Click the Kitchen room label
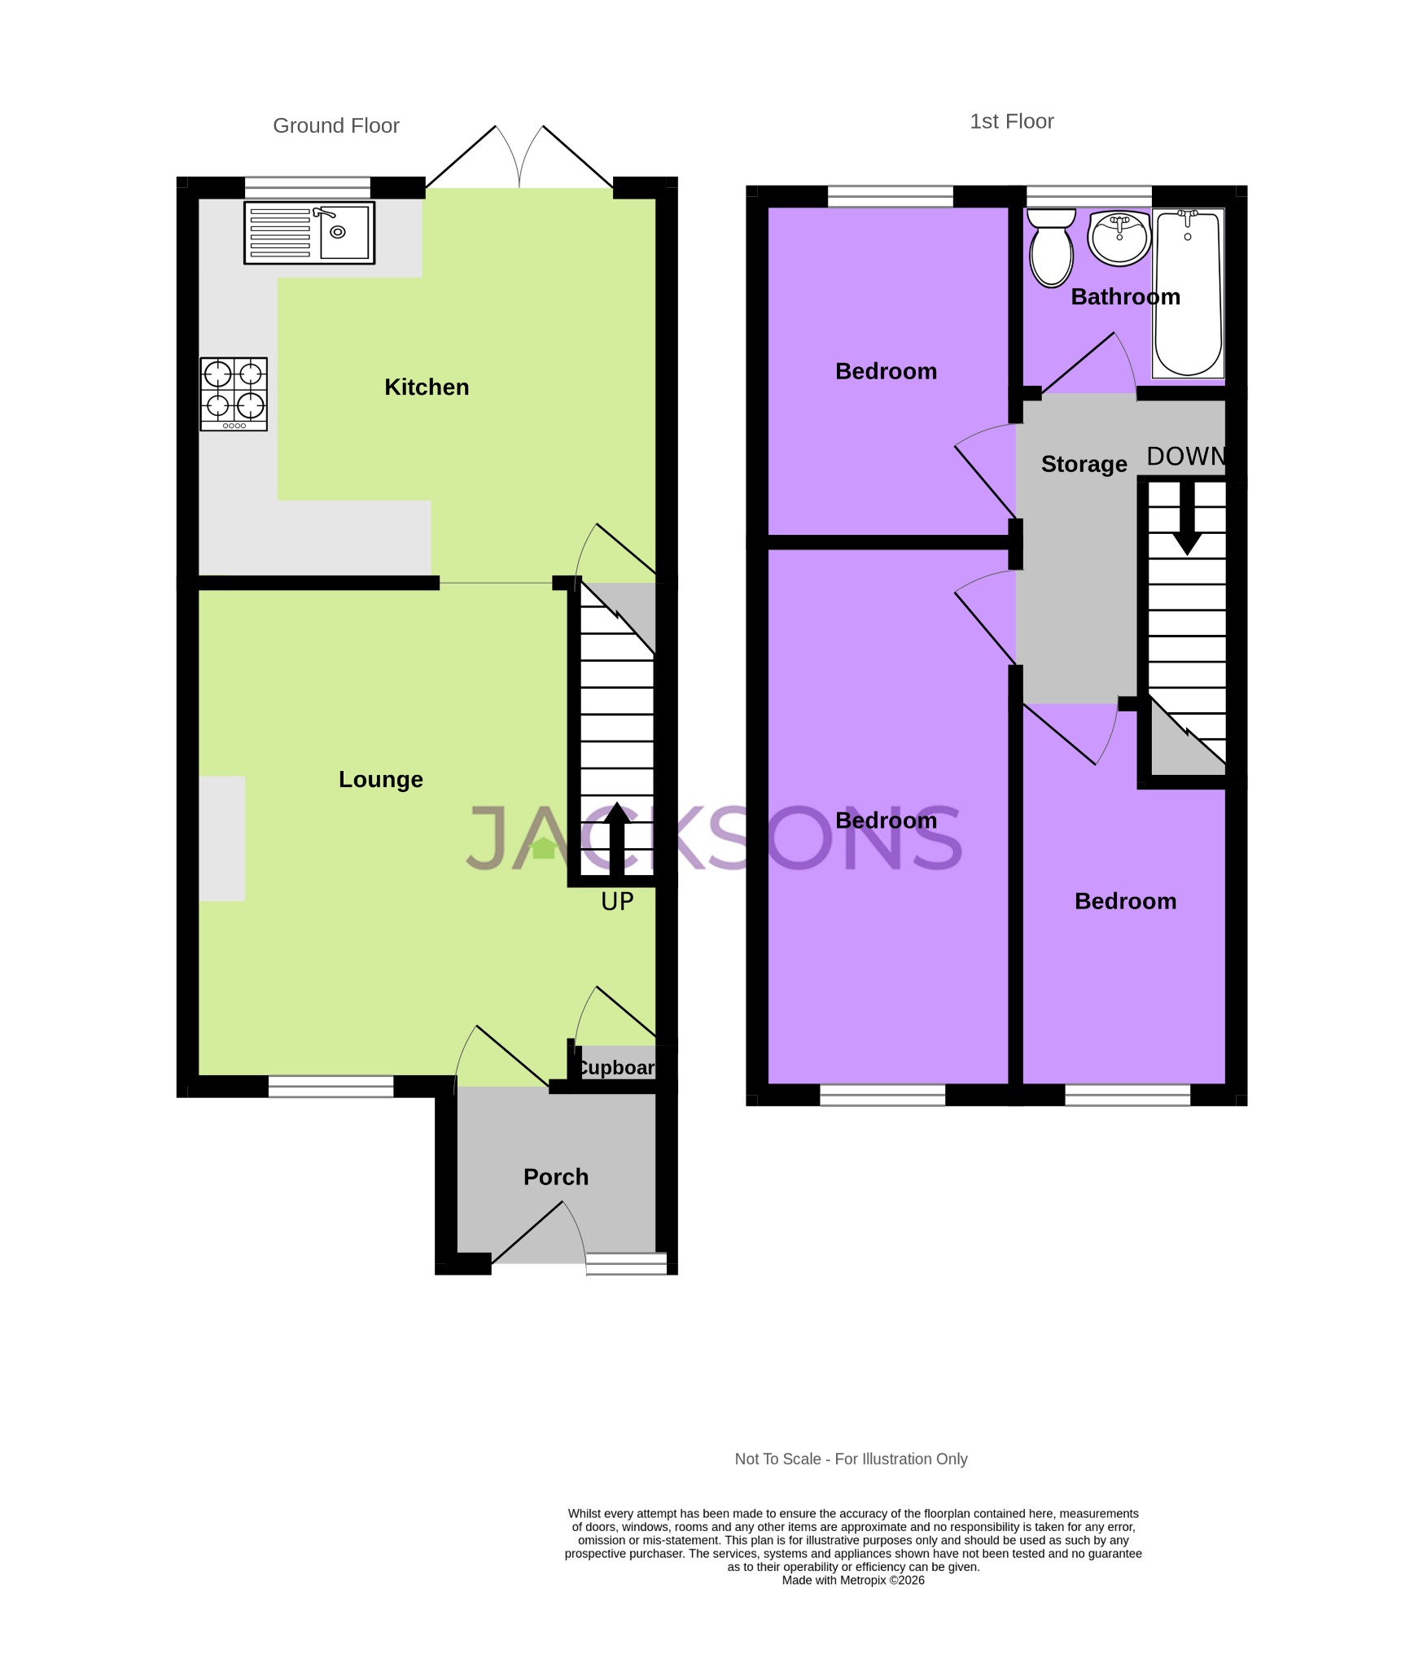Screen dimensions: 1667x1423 pos(427,387)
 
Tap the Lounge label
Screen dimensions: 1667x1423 pos(380,780)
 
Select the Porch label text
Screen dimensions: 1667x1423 pos(555,1177)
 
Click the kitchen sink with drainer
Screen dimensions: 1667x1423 pos(309,233)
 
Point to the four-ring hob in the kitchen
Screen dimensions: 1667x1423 pos(234,394)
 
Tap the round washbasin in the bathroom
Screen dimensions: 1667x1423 pos(1119,238)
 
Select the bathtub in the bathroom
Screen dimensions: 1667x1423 pos(1188,293)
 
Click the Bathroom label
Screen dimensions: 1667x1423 pos(1125,297)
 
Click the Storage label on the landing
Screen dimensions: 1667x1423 pos(1084,464)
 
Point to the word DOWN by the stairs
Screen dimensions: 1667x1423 pos(1185,457)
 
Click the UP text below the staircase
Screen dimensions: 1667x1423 pos(617,902)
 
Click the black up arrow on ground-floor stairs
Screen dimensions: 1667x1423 pos(616,838)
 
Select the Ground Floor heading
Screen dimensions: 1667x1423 pos(335,125)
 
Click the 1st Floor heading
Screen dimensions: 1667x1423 pos(1011,121)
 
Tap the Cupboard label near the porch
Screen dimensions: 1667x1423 pos(616,1068)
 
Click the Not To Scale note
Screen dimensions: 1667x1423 pos(851,1459)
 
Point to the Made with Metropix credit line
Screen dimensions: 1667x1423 pos(852,1580)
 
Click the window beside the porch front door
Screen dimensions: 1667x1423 pos(626,1263)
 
